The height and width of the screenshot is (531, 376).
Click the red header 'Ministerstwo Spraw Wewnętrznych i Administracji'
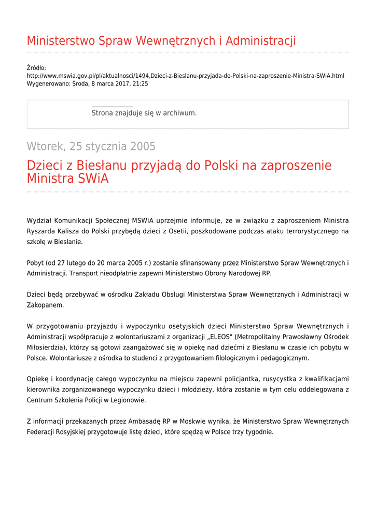(161, 41)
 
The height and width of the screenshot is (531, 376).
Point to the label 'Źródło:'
(36, 68)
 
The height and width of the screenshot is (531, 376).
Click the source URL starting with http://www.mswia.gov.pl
(185, 76)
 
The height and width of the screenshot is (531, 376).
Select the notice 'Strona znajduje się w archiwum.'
(144, 113)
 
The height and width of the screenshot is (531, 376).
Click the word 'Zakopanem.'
(46, 305)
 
